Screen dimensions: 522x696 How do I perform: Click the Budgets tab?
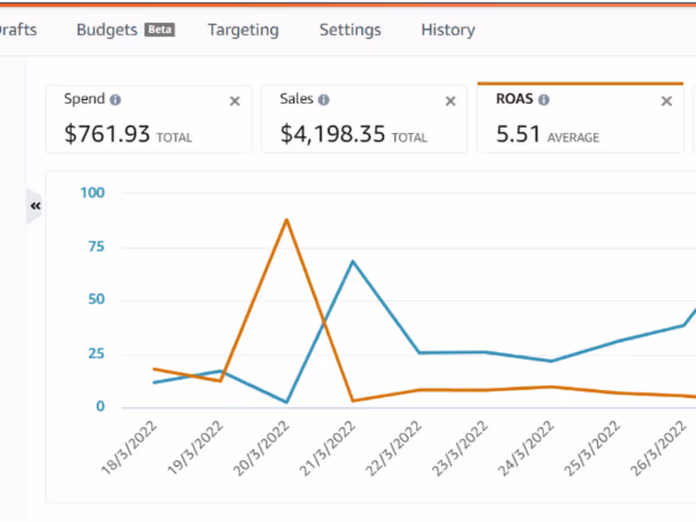tap(106, 30)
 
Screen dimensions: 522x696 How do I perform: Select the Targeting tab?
tap(243, 30)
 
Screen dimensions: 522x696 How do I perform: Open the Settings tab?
tap(350, 30)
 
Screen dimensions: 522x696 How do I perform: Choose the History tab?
tap(448, 30)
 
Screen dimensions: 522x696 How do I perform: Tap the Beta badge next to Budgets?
tap(159, 30)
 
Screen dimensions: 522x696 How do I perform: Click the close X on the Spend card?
tap(235, 101)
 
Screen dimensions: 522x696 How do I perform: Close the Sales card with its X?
tap(451, 101)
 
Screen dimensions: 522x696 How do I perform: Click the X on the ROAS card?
tap(666, 101)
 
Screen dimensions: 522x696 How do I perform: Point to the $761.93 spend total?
tap(108, 134)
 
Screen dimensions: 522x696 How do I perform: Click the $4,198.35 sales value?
tap(332, 134)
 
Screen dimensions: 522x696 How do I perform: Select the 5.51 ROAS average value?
tap(518, 134)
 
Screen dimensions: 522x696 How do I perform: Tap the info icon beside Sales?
tap(324, 100)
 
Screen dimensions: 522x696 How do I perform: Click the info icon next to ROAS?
tap(544, 100)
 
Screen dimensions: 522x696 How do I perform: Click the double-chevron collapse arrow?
tap(35, 206)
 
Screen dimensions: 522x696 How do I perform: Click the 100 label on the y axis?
tap(92, 193)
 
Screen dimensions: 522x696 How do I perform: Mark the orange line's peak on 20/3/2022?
tap(287, 220)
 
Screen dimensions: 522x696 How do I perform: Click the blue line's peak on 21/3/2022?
tap(352, 261)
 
